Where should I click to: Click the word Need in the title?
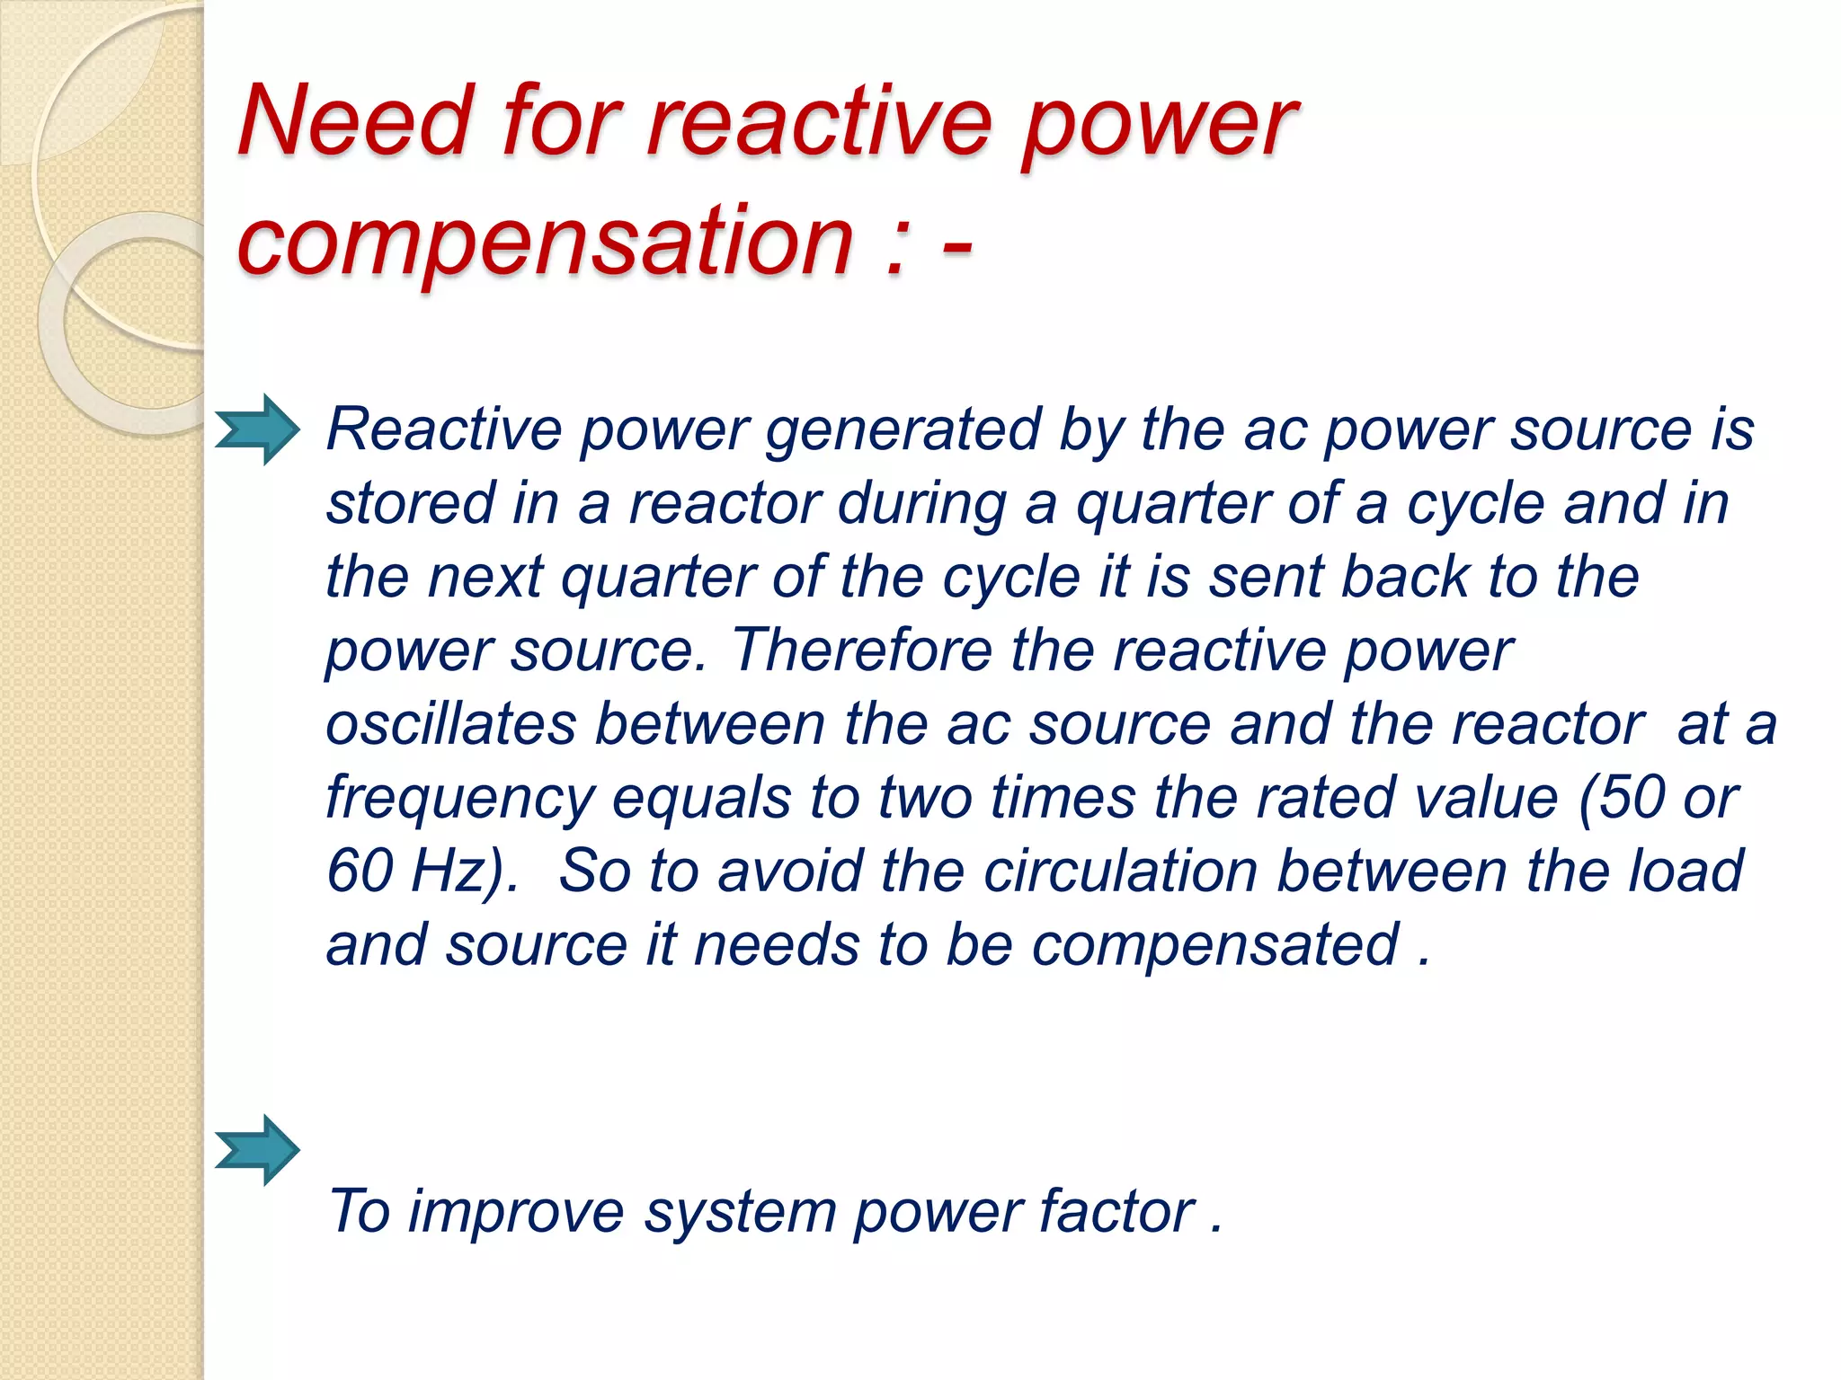pyautogui.click(x=356, y=120)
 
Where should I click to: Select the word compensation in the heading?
pyautogui.click(x=544, y=240)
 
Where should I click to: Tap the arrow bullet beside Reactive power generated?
pyautogui.click(x=257, y=429)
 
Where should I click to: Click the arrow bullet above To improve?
pyautogui.click(x=257, y=1150)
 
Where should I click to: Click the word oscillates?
pyautogui.click(x=450, y=723)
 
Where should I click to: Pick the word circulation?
pyautogui.click(x=1120, y=871)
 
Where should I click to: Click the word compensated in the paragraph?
pyautogui.click(x=1214, y=946)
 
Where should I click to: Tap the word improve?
pyautogui.click(x=516, y=1212)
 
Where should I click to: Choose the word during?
pyautogui.click(x=920, y=503)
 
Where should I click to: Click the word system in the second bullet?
pyautogui.click(x=740, y=1213)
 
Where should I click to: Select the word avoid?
pyautogui.click(x=790, y=871)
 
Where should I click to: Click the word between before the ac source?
pyautogui.click(x=710, y=723)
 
